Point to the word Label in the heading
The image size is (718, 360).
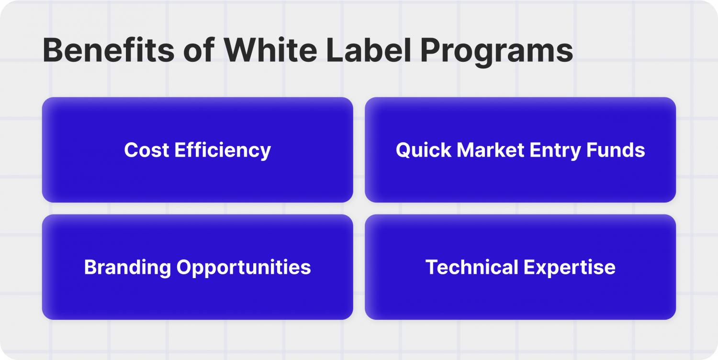370,50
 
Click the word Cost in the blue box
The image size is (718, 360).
146,150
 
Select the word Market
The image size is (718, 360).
484,150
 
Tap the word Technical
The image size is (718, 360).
471,267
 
